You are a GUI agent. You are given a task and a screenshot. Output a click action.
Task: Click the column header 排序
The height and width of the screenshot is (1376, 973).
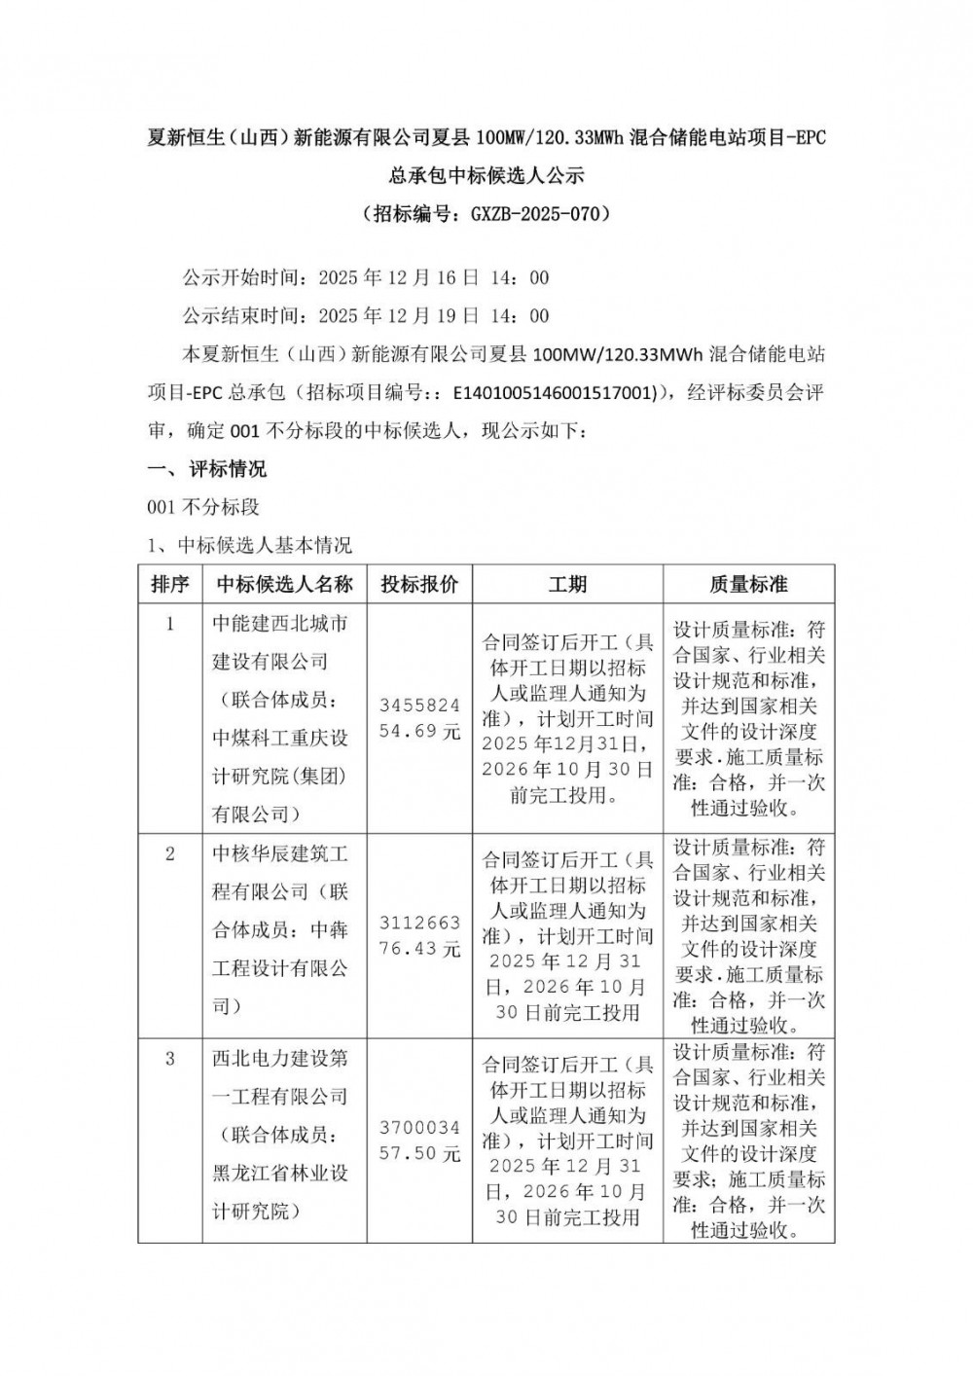[170, 585]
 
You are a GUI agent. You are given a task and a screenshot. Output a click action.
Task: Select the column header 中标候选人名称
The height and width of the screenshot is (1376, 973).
[284, 585]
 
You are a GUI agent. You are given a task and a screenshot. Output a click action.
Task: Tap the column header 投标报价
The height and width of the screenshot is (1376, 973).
[419, 585]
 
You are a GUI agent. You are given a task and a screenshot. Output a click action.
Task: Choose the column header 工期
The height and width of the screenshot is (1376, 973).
[567, 585]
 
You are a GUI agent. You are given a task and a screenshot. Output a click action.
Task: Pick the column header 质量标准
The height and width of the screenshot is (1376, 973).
[748, 585]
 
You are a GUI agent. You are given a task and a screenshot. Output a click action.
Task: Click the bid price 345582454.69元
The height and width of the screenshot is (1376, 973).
[419, 718]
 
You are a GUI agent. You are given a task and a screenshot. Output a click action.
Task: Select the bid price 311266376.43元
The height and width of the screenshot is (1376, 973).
[419, 936]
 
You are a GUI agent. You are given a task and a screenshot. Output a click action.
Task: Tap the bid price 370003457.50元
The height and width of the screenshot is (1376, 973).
[419, 1141]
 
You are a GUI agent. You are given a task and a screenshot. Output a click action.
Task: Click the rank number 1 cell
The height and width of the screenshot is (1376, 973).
[170, 624]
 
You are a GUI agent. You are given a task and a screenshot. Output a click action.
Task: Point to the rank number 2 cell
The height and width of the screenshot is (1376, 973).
[170, 854]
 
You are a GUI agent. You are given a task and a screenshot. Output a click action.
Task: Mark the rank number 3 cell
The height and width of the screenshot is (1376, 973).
[170, 1059]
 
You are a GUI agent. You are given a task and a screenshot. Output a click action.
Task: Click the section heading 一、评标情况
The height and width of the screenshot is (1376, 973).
[206, 470]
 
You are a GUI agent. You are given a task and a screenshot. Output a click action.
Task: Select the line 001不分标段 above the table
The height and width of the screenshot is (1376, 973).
[202, 507]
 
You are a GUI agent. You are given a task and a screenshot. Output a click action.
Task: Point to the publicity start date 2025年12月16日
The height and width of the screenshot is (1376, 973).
[399, 278]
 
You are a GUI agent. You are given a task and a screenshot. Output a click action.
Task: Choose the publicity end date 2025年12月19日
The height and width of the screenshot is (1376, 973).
[399, 316]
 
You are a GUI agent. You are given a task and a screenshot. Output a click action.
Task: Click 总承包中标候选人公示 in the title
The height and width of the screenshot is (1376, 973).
[486, 176]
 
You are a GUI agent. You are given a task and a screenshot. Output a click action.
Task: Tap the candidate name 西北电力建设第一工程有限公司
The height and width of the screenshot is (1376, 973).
[280, 1077]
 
